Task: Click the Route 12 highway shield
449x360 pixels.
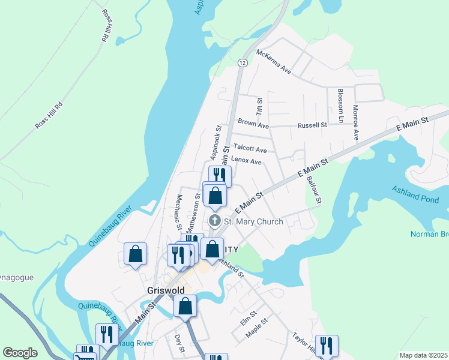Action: pos(242,63)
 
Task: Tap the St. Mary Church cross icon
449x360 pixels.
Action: pos(214,221)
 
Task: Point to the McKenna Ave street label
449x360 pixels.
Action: pos(274,62)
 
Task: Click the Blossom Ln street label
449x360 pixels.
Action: pos(340,106)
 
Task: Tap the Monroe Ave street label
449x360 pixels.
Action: pos(355,123)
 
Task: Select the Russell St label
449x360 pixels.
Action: pos(312,125)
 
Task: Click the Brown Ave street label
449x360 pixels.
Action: pos(253,123)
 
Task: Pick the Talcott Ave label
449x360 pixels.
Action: pos(250,148)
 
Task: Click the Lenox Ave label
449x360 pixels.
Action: pos(246,161)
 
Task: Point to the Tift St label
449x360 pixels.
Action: pos(260,107)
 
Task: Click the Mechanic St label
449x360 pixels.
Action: pos(178,212)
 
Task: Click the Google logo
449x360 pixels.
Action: pos(20,353)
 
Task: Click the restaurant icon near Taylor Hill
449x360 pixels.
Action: pos(327,345)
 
